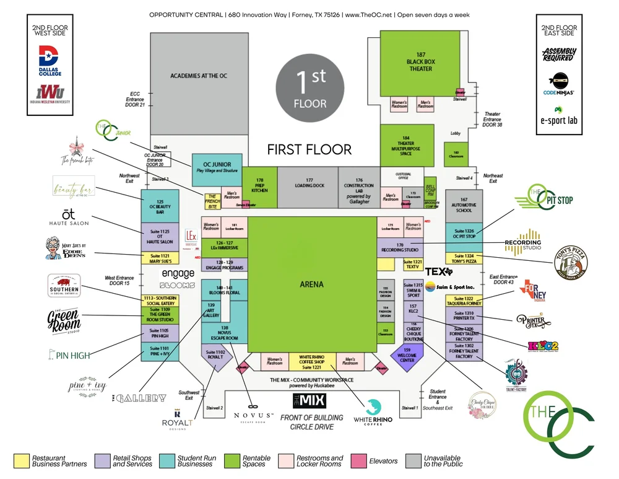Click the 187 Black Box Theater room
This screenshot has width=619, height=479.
click(420, 62)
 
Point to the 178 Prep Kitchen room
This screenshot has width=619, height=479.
click(259, 186)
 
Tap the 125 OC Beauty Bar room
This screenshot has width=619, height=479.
click(160, 206)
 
